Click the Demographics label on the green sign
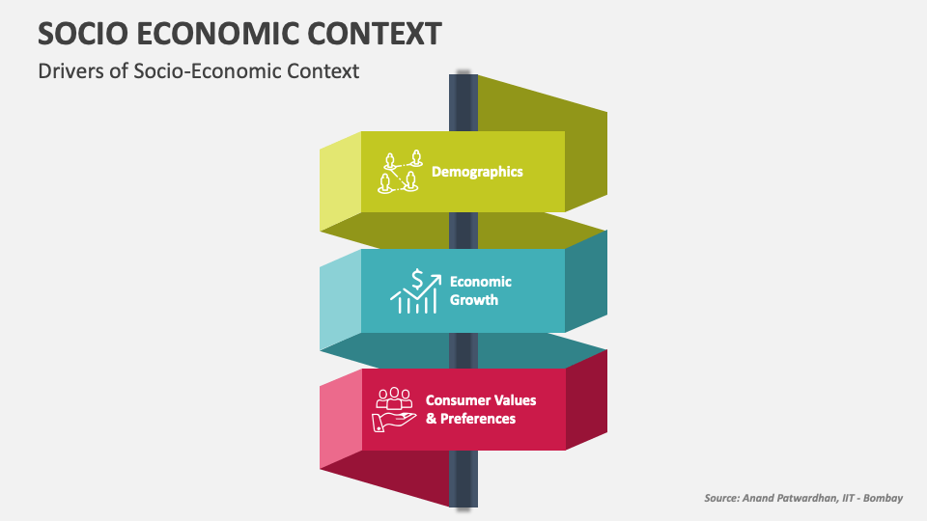click(477, 172)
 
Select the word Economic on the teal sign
click(480, 282)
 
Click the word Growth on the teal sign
click(474, 300)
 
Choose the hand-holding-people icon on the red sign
click(394, 409)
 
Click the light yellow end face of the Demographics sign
click(340, 183)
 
